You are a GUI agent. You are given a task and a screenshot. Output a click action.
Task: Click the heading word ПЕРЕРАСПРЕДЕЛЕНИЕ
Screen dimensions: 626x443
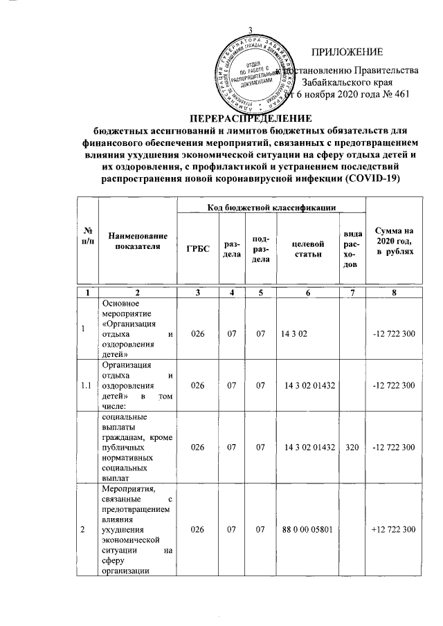tap(251, 118)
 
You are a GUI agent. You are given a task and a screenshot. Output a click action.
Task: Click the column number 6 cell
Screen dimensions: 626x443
tap(307, 293)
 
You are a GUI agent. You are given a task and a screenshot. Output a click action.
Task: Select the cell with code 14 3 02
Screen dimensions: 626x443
tap(294, 334)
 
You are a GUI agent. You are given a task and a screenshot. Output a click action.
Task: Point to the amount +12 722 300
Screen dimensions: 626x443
tap(393, 529)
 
